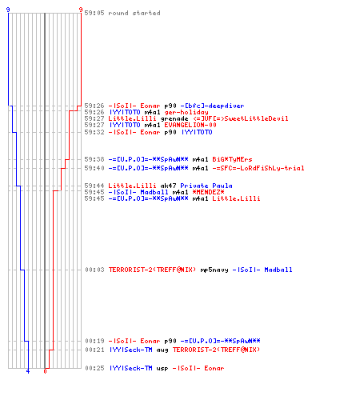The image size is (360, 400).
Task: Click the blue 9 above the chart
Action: tap(8, 10)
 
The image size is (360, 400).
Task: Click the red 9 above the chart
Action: tap(81, 10)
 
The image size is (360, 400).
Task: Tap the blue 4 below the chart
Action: tap(28, 371)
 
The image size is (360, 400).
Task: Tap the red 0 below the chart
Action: tap(45, 371)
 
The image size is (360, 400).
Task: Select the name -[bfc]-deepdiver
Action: tap(212, 106)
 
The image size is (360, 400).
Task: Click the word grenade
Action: tap(174, 118)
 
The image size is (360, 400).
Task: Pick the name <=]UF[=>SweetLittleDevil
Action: tap(241, 118)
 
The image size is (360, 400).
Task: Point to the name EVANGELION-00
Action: tap(190, 125)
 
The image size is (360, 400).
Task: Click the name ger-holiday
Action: tap(186, 112)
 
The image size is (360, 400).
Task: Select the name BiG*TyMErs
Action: tap(232, 159)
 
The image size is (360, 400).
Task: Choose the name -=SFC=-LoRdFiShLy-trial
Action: tap(258, 168)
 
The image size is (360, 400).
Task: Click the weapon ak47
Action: tap(168, 186)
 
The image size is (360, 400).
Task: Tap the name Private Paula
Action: tap(206, 186)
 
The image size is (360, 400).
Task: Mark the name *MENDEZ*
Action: tap(208, 192)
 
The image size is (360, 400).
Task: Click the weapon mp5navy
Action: tap(214, 270)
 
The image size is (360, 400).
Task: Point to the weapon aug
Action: tap(162, 350)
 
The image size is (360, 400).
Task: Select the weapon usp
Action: tap(162, 368)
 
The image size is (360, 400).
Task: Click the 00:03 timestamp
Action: tap(94, 270)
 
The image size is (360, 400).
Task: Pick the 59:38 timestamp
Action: tap(94, 159)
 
